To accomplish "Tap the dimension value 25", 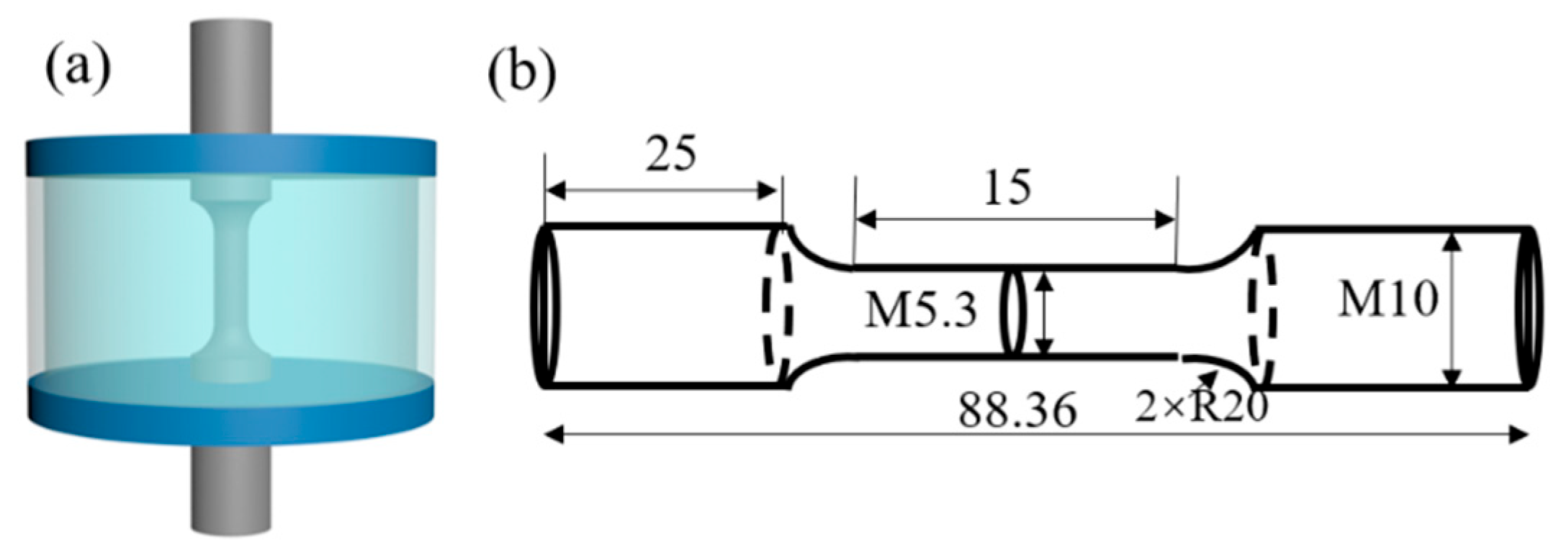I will tap(670, 155).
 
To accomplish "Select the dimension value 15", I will tap(1007, 189).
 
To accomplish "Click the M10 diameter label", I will tap(1388, 299).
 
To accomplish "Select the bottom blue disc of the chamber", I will tap(230, 414).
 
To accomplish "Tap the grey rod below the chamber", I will tap(230, 497).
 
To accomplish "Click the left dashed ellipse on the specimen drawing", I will tap(778, 307).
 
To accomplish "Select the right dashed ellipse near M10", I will tap(1263, 307).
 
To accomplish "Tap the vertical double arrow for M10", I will tap(1453, 309).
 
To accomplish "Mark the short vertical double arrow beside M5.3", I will tap(1044, 312).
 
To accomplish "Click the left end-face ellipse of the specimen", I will tap(543, 307).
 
